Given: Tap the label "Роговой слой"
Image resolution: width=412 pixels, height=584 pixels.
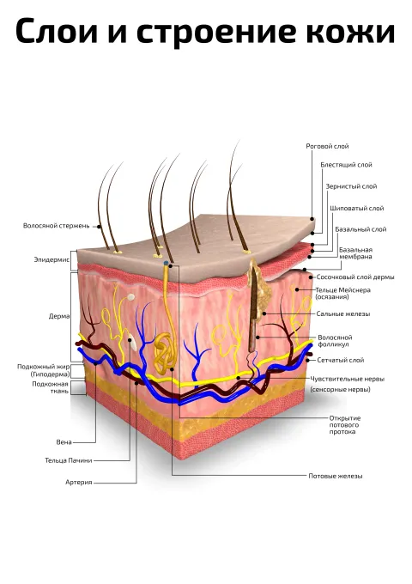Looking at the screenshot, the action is [x=327, y=146].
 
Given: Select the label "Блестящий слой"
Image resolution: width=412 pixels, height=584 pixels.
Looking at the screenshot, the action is [x=346, y=165].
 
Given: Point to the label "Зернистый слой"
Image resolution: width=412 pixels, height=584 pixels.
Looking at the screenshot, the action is [x=351, y=186].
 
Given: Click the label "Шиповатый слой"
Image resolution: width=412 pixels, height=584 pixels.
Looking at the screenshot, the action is [x=356, y=208].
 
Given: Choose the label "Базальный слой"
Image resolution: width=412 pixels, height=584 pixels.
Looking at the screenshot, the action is [x=360, y=229].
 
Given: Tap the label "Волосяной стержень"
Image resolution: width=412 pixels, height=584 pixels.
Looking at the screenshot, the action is [x=56, y=226].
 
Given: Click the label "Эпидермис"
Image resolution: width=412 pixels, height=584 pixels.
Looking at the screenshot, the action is [x=51, y=259].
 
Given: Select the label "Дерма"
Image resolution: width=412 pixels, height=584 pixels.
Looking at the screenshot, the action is [x=59, y=316].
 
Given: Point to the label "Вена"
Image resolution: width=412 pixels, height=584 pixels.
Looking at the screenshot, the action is [x=64, y=442].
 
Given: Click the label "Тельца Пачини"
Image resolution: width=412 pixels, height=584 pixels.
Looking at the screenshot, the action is [x=69, y=460].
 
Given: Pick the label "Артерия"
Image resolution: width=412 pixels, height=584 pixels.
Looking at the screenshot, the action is [x=78, y=483].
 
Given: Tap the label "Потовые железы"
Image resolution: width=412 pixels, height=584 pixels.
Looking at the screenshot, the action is [x=336, y=476].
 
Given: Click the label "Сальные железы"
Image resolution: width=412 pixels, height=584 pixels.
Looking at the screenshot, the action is [x=343, y=314].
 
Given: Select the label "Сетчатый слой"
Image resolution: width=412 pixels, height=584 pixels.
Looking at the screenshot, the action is [x=341, y=360].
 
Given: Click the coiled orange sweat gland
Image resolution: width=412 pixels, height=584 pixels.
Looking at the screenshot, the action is [x=164, y=353].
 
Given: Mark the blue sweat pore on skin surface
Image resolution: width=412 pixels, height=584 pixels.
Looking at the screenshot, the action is [x=166, y=264].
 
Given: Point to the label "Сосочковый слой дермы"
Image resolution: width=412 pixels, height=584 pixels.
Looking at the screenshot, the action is [x=355, y=277].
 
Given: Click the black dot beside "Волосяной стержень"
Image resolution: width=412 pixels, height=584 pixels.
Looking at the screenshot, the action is [x=99, y=226].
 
